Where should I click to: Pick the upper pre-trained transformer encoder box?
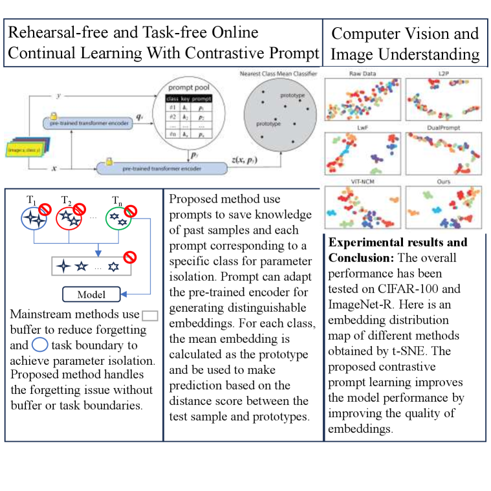click(x=88, y=122)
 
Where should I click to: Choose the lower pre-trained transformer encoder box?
click(x=162, y=168)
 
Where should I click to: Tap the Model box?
click(x=91, y=294)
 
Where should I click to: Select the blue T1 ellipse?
click(x=32, y=218)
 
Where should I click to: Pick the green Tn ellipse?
click(x=116, y=218)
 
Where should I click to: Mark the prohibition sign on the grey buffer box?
click(x=130, y=257)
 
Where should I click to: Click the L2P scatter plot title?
click(x=444, y=74)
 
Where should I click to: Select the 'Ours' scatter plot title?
click(x=444, y=182)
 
